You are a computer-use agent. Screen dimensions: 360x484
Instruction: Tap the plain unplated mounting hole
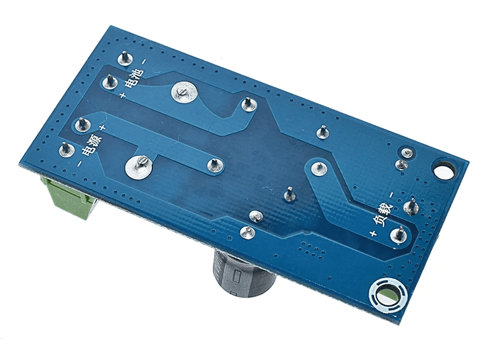click(x=443, y=171)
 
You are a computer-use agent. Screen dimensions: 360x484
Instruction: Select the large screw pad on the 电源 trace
click(x=140, y=166)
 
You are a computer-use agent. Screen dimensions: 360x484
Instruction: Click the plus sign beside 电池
click(x=123, y=95)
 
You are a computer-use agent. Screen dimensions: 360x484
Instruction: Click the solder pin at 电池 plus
click(x=110, y=81)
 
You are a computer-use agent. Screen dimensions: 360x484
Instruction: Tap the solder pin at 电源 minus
click(x=64, y=150)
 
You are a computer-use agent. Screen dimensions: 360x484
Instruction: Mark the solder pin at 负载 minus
click(x=411, y=206)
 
